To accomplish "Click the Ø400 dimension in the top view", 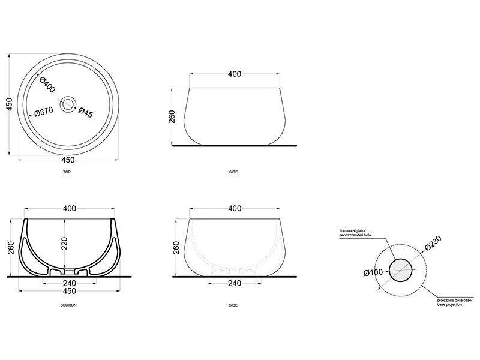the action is point(47,85).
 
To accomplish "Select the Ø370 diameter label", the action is point(44,112).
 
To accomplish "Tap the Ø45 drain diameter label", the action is point(85,112).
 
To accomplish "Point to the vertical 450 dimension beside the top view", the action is point(9,104).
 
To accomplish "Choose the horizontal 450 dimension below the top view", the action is point(68,160).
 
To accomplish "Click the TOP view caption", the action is point(67,172).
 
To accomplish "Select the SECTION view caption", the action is point(68,305).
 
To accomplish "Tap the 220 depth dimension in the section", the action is point(64,244).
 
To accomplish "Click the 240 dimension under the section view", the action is point(70,283).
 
